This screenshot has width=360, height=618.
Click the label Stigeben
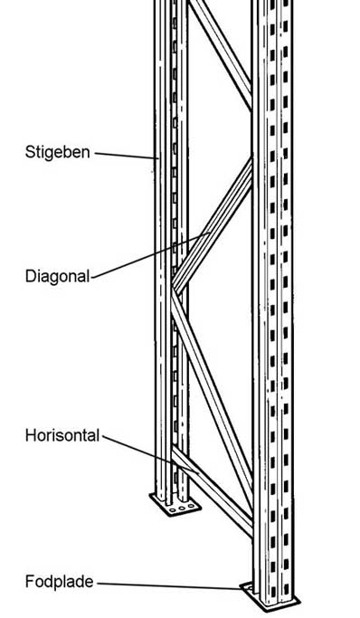tap(56, 152)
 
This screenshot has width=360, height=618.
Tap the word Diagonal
tap(56, 276)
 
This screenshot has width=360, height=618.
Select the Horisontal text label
tap(62, 435)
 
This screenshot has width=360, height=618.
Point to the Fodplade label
tap(58, 582)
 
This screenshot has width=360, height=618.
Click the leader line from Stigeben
tap(127, 156)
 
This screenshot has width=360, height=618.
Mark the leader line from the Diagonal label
tap(149, 255)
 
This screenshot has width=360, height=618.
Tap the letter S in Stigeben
tap(29, 152)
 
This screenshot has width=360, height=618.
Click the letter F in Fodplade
tap(28, 582)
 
